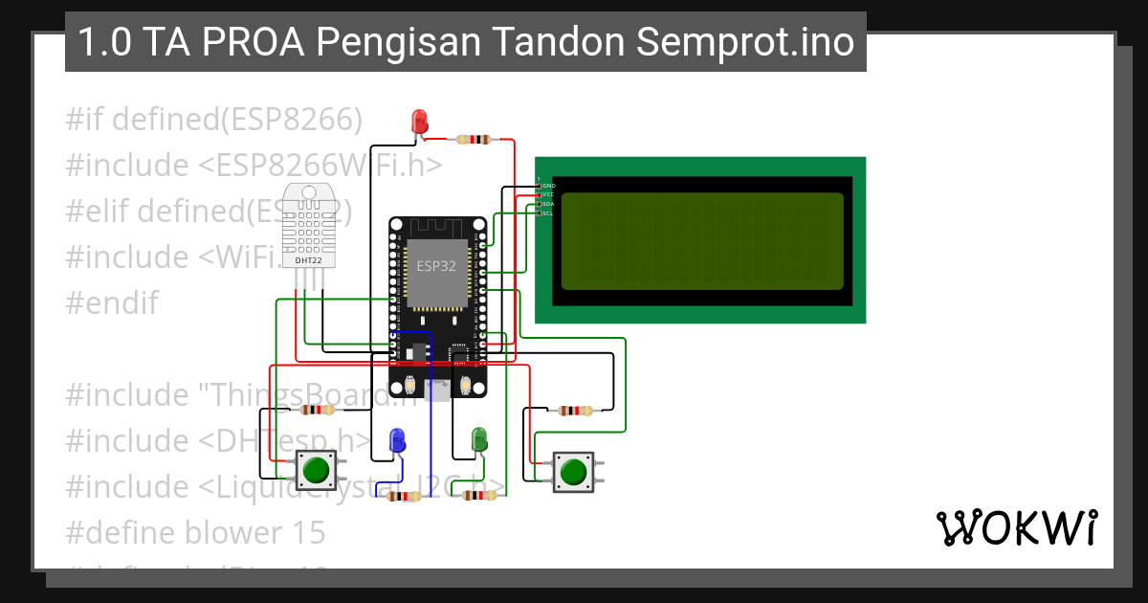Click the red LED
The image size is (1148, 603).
419,122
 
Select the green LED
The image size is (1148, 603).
480,440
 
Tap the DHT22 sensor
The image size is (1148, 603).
308,226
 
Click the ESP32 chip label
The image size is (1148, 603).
436,266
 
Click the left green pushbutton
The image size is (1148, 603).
314,470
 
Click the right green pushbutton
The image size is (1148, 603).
572,472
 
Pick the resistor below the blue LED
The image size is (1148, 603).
402,497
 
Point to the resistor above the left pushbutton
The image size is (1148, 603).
317,411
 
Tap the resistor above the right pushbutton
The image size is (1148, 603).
574,411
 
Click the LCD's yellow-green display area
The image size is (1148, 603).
701,241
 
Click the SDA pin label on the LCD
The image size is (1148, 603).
547,204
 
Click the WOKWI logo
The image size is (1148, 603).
1016,527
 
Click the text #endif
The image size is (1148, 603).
112,302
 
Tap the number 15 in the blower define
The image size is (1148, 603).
308,532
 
